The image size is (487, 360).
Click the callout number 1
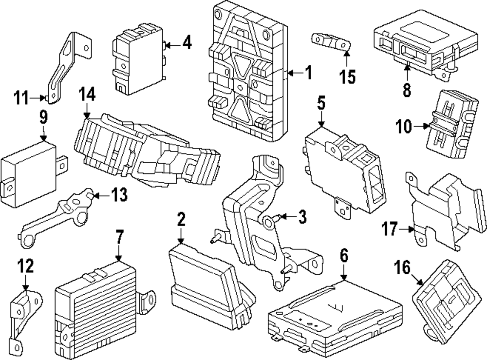(307, 73)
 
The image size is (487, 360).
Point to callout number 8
(407, 89)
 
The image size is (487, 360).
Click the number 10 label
(404, 128)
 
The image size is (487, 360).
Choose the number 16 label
(402, 267)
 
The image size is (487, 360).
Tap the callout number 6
(344, 255)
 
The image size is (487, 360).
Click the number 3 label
(302, 217)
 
